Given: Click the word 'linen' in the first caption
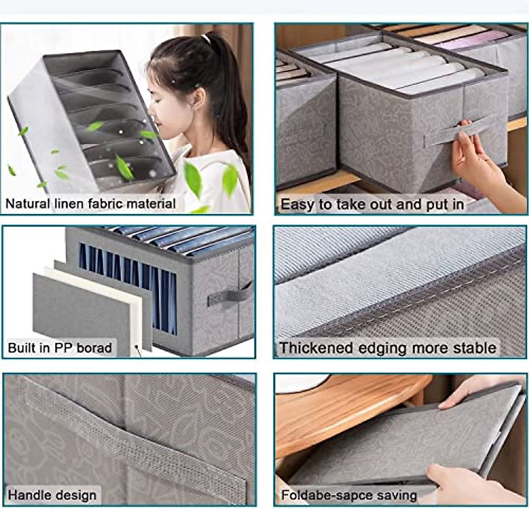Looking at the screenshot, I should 70,204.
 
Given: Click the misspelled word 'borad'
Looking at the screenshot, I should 94,348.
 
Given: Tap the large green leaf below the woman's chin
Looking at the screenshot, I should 193,179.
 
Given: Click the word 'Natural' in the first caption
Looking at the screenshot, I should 27,204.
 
